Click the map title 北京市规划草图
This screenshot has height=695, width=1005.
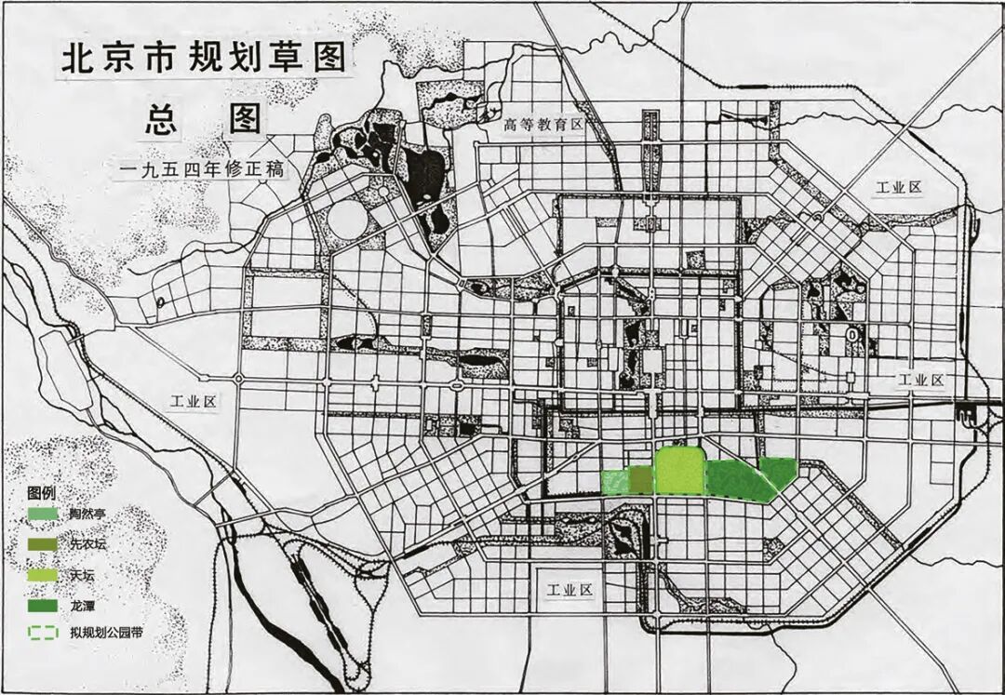[x=203, y=60]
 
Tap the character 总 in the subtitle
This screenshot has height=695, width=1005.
[x=160, y=120]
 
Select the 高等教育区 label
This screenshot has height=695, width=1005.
[x=543, y=125]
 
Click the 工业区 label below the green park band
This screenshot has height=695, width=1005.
[x=569, y=590]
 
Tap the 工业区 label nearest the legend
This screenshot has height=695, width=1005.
[x=192, y=402]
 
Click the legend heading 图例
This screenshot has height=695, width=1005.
[x=42, y=491]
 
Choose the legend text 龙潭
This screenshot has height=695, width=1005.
[x=81, y=606]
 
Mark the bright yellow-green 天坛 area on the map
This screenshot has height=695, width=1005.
[x=678, y=470]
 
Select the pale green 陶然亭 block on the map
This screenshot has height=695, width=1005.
[x=615, y=482]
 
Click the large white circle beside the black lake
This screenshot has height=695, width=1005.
[x=348, y=221]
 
